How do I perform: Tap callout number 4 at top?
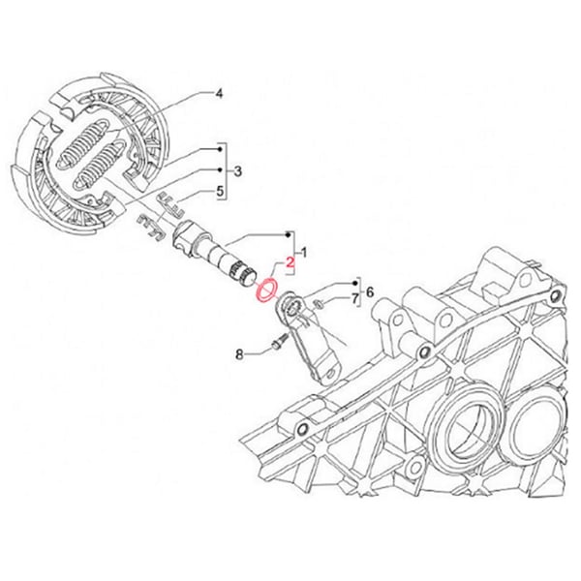pyautogui.click(x=219, y=94)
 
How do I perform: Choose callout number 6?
pyautogui.click(x=368, y=291)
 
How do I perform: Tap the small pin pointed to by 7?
pyautogui.click(x=320, y=305)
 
